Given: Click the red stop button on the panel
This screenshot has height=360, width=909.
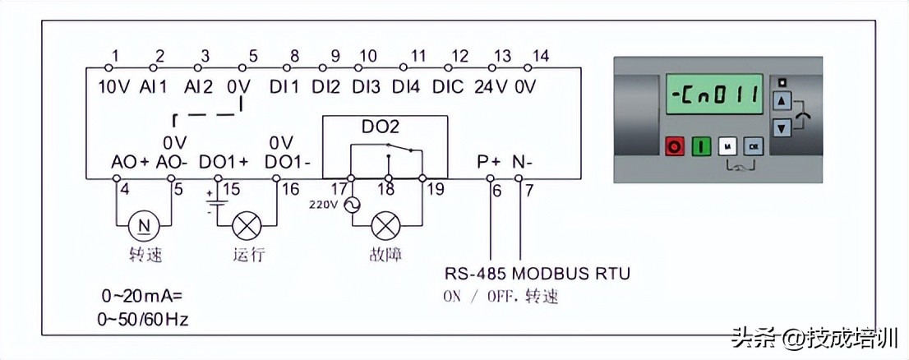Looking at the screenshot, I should point(675,146).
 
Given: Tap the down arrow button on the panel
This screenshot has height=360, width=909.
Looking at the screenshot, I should point(782,128).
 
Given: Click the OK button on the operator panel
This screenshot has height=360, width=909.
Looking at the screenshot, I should point(753,146).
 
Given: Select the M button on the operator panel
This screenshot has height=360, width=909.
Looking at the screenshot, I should point(727,146).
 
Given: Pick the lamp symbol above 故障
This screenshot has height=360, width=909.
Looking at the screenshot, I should point(386,224).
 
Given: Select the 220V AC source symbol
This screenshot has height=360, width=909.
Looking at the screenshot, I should point(352,205).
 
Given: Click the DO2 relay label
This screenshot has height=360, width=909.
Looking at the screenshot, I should point(380,127).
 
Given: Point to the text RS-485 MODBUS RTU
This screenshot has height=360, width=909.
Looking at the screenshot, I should point(538,273).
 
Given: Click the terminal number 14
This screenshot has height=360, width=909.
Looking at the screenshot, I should point(540,56).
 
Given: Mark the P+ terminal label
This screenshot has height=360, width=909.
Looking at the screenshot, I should point(488,162).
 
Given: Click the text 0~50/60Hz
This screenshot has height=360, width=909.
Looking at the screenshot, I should point(145,319).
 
